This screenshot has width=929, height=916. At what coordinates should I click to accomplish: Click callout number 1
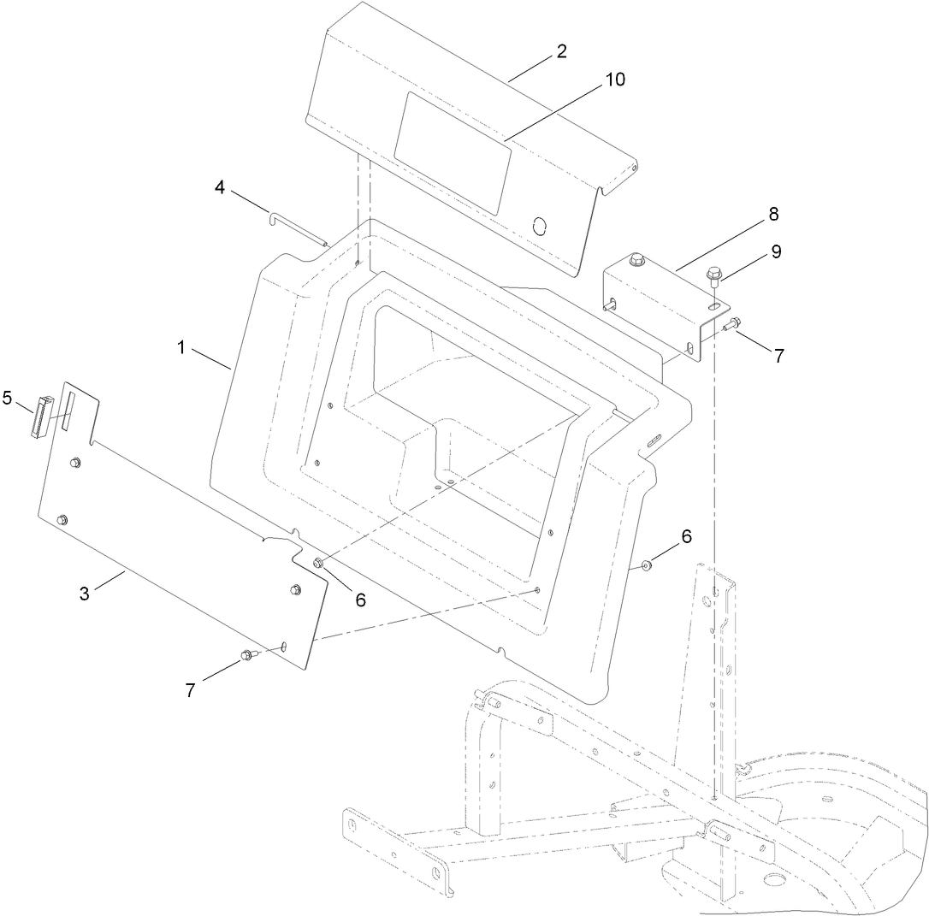click(180, 348)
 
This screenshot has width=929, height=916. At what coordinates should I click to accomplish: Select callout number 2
click(561, 51)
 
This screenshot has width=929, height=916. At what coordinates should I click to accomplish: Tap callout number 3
click(85, 594)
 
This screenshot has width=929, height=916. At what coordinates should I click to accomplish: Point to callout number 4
click(220, 187)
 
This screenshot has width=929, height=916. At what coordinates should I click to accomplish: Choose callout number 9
click(776, 251)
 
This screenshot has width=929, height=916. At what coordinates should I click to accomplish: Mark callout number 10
click(615, 80)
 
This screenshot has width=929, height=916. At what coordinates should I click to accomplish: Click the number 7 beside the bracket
click(778, 357)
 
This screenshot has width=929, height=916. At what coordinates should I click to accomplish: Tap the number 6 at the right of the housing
click(685, 536)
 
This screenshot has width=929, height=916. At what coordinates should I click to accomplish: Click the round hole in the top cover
click(539, 226)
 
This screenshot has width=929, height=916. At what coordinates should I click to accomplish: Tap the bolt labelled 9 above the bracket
click(712, 275)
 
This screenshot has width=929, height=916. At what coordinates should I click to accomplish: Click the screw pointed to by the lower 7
click(247, 655)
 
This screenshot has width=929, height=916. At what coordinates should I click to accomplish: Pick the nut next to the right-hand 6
click(648, 564)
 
